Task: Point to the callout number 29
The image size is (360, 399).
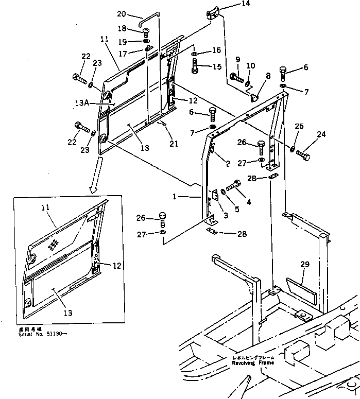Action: (x=305, y=264)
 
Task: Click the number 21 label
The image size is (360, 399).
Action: (x=174, y=144)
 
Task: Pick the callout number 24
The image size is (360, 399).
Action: (x=321, y=135)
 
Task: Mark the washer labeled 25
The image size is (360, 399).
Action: (x=292, y=149)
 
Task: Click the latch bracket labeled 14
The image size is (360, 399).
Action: (x=213, y=12)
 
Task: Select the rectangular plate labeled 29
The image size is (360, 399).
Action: (x=303, y=291)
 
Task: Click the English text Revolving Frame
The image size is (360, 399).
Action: (x=253, y=362)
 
